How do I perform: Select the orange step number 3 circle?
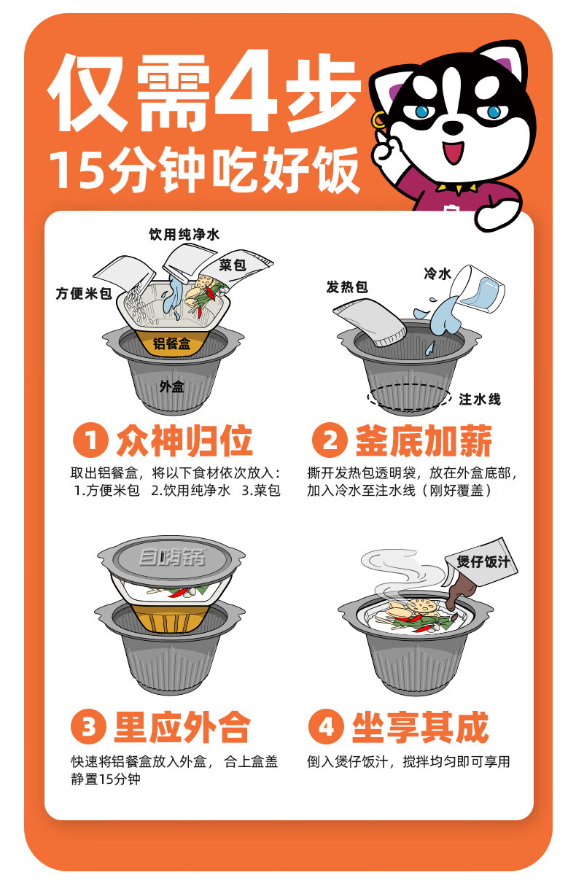[x=89, y=727]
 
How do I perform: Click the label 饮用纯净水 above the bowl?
[x=184, y=235]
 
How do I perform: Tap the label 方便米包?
[x=84, y=294]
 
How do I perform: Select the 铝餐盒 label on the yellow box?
[x=172, y=343]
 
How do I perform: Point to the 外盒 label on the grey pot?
[x=171, y=386]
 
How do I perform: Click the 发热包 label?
[x=346, y=287]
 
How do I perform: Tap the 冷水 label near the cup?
[x=437, y=273]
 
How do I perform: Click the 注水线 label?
[x=479, y=399]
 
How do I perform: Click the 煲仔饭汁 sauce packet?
[x=481, y=565]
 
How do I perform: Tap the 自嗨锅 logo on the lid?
[x=172, y=559]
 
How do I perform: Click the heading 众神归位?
[x=184, y=441]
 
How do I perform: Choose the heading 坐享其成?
[x=420, y=727]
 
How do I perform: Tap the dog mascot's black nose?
[x=454, y=127]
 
